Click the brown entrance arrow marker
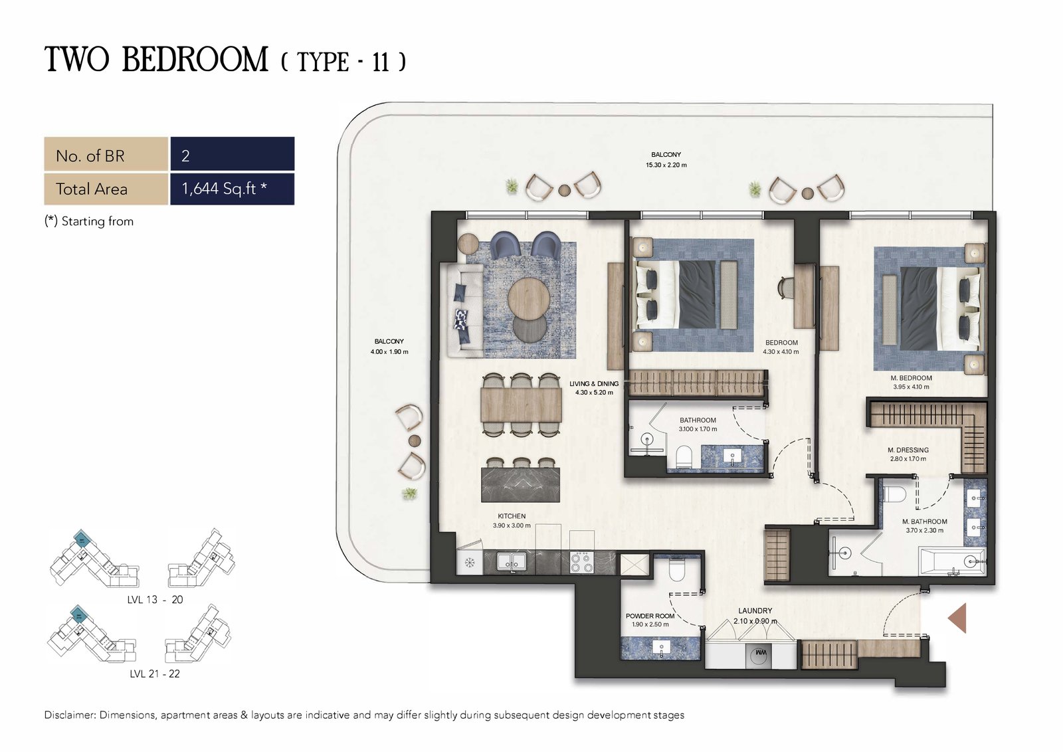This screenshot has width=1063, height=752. [959, 618]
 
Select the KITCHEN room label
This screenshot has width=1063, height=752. [512, 516]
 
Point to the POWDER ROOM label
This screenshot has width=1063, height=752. [650, 616]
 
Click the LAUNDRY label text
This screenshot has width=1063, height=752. [755, 611]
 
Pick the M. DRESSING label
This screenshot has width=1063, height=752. [908, 450]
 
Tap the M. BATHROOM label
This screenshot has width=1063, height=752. [924, 521]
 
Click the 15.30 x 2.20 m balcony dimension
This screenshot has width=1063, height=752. [666, 165]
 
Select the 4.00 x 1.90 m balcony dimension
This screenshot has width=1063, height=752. [389, 351]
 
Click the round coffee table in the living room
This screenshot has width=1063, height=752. [529, 298]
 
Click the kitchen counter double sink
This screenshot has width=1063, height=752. [511, 562]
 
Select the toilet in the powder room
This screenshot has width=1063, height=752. [677, 569]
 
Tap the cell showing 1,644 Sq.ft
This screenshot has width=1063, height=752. [232, 189]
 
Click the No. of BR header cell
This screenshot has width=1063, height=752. [106, 153]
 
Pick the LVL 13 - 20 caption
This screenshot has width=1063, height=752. [155, 599]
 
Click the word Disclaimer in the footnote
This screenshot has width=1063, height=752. [70, 715]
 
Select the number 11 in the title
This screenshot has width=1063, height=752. [381, 62]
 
